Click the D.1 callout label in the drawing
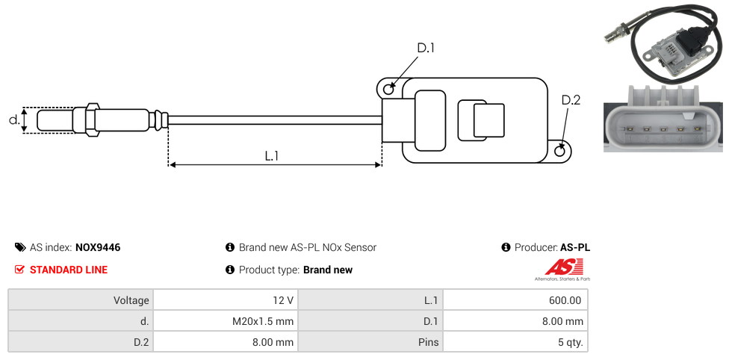coord(425,49)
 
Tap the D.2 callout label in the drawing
coord(570,100)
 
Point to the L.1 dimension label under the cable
coord(273,156)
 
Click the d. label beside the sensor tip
coord(13,120)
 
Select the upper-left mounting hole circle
coord(388,90)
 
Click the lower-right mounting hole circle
coord(561,151)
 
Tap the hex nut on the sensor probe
coord(93,120)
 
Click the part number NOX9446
coord(98,247)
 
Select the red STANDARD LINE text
coord(69,270)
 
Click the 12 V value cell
coord(283,300)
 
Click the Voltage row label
coord(131,300)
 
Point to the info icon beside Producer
coord(506,247)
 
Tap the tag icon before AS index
coord(20,247)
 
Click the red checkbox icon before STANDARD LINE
coord(20,270)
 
